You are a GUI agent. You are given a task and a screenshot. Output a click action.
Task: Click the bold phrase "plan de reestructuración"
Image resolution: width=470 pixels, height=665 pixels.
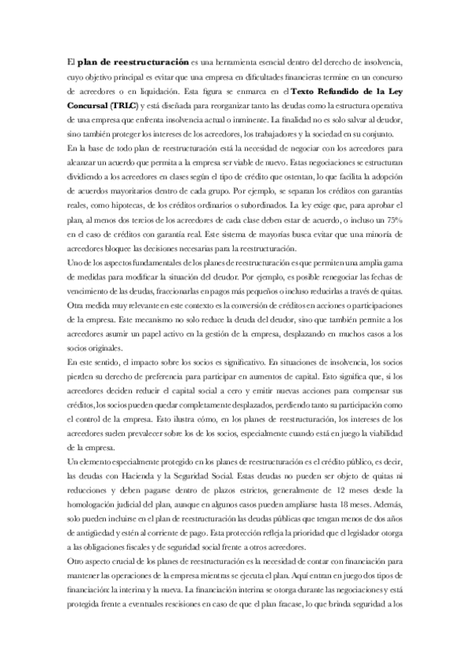pos(133,61)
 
